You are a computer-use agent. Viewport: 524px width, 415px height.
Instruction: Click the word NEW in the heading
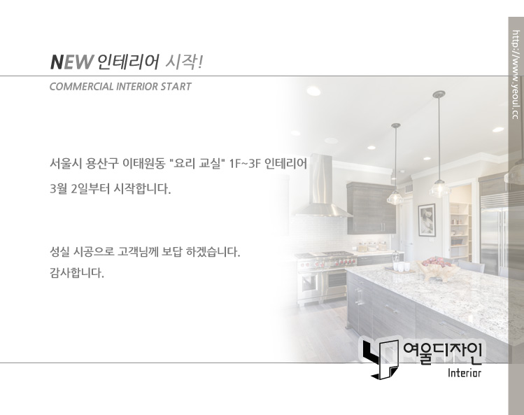[71, 62]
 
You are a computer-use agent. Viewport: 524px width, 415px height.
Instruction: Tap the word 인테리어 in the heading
[127, 62]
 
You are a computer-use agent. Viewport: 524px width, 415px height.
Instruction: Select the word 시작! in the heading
[185, 62]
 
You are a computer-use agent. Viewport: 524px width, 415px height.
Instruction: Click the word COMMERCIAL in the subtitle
[82, 87]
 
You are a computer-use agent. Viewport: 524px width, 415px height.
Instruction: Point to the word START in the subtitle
[176, 87]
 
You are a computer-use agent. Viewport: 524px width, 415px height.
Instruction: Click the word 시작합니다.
[142, 189]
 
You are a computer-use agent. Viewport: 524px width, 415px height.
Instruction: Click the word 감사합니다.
[77, 273]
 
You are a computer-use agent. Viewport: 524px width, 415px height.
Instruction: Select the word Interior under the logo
[465, 373]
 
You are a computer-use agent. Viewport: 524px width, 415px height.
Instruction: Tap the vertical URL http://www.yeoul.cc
[516, 75]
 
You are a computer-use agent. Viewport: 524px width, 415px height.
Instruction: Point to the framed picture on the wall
[427, 220]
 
